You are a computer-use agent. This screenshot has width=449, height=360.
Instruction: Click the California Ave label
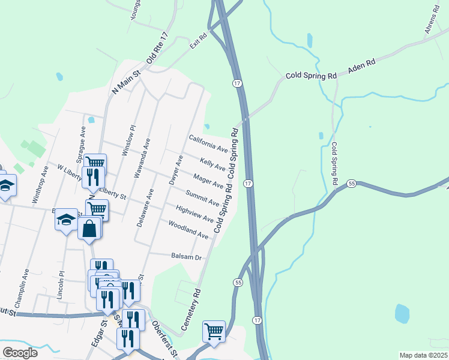pyautogui.click(x=208, y=143)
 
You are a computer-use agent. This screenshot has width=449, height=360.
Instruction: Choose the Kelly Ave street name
pyautogui.click(x=212, y=163)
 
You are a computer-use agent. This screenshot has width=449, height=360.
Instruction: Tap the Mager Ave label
pyautogui.click(x=208, y=181)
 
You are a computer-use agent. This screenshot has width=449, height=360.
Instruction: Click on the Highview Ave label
pyautogui.click(x=194, y=214)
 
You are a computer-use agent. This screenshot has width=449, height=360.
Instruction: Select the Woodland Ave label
pyautogui.click(x=188, y=230)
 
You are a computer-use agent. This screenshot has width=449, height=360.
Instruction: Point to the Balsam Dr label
pyautogui.click(x=185, y=257)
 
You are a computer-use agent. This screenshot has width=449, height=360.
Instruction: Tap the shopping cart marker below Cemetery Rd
pyautogui.click(x=214, y=331)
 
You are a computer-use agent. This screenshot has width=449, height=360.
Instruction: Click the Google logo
pyautogui.click(x=19, y=353)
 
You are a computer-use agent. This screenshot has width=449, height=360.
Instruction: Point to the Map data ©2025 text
pyautogui.click(x=423, y=355)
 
